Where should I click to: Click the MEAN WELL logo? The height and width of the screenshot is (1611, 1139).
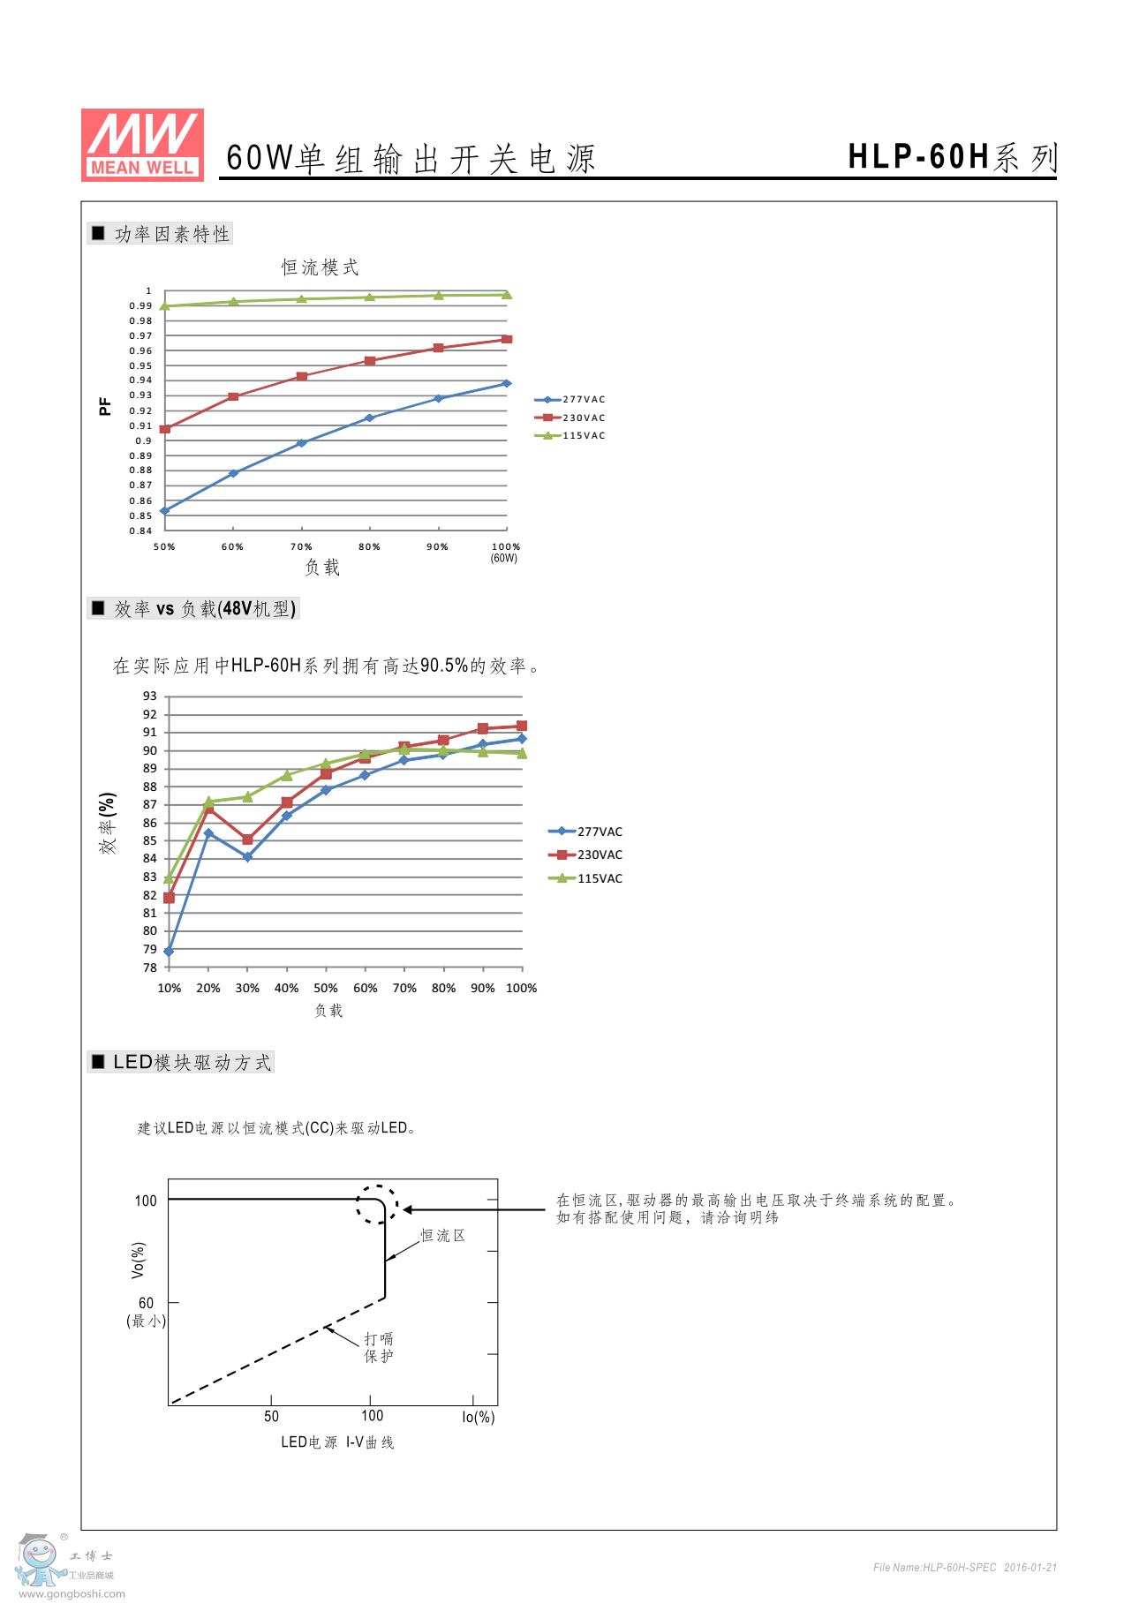click(x=142, y=146)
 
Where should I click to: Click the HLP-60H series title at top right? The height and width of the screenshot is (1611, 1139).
click(x=951, y=157)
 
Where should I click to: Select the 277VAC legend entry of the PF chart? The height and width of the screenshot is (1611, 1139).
click(x=570, y=400)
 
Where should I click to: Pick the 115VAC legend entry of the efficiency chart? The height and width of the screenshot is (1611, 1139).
click(x=586, y=878)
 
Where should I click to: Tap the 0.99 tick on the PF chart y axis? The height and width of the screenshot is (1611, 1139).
click(x=140, y=306)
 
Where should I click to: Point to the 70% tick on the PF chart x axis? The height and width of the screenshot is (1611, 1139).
click(x=301, y=547)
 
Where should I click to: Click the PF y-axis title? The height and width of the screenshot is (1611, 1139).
click(x=105, y=406)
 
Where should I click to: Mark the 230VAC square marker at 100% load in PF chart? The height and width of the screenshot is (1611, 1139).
click(x=507, y=339)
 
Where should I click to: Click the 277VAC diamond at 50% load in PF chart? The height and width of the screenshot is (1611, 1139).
click(x=165, y=510)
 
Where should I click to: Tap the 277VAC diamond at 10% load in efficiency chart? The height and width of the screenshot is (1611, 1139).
click(x=169, y=952)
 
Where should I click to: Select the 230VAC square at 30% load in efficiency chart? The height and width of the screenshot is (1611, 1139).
click(x=247, y=839)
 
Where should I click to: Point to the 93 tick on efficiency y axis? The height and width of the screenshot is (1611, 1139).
click(x=150, y=696)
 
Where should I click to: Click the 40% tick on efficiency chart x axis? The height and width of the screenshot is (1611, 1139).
click(x=286, y=989)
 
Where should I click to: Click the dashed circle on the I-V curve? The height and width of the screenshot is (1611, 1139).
click(x=377, y=1204)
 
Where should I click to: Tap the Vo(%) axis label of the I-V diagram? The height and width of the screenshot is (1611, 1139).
click(x=138, y=1260)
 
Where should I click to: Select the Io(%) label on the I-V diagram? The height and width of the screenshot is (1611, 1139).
click(x=478, y=1417)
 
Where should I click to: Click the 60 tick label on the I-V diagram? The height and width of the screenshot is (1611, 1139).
click(x=146, y=1303)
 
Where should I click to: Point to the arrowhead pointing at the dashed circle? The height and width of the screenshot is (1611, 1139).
click(x=409, y=1209)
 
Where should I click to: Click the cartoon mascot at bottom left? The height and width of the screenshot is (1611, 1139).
click(x=39, y=1561)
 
